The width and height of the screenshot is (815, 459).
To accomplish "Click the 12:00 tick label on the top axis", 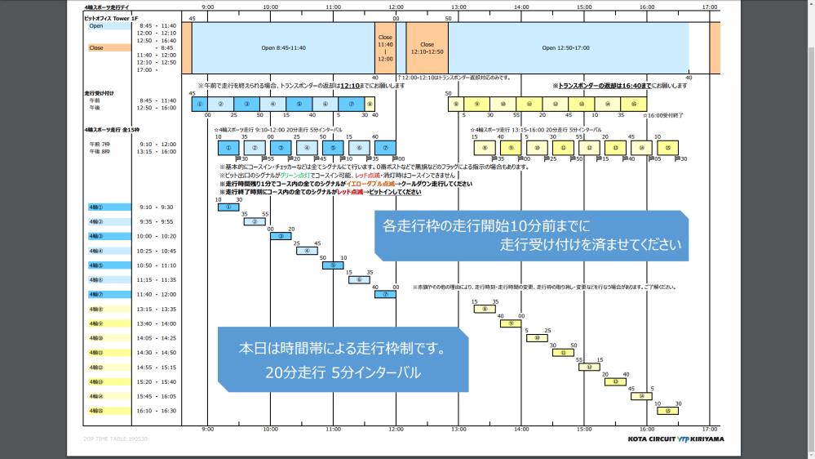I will [396, 7].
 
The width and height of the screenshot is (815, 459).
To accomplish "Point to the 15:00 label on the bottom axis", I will [584, 428].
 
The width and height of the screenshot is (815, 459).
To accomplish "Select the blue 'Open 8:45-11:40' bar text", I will [283, 47].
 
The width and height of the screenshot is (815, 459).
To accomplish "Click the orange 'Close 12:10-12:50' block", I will [427, 48].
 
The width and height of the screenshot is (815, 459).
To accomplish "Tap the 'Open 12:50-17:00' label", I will [565, 47].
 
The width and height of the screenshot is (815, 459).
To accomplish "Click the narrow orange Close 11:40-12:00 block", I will [385, 48].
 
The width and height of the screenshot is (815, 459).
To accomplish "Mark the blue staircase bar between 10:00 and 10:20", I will [281, 236].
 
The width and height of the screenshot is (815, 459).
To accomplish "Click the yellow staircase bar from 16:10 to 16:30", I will [667, 411].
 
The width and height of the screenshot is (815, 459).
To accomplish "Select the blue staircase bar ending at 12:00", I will [385, 294].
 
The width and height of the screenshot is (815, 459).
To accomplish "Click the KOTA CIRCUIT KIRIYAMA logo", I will [675, 439].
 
